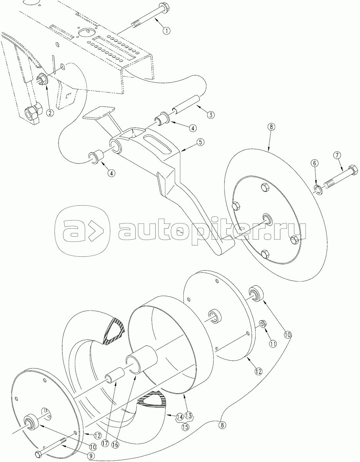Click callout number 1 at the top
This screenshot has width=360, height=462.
166,31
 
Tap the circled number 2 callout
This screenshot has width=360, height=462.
50,113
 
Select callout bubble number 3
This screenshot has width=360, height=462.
210,115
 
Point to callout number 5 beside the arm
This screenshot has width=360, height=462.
200,142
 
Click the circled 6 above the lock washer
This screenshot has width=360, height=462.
314,163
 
